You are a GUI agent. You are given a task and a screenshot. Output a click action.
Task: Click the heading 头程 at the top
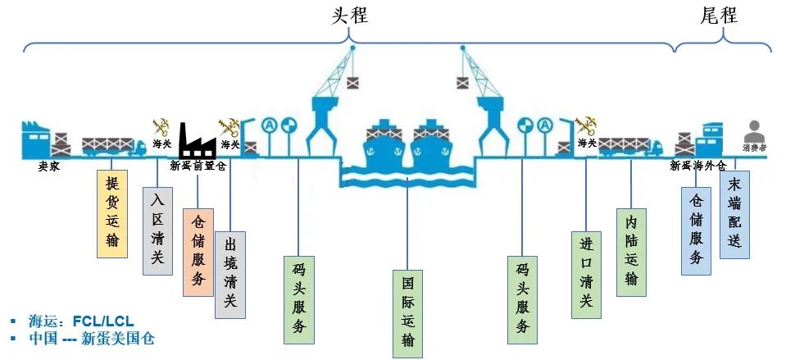349,16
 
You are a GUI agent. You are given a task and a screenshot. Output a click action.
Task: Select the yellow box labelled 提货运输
111,213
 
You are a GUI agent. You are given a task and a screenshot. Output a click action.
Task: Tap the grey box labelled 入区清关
157,231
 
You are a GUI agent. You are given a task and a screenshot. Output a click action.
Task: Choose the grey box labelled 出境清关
229,274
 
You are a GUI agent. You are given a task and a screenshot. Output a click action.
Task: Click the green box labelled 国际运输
407,313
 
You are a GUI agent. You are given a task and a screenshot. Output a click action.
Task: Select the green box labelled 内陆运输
630,251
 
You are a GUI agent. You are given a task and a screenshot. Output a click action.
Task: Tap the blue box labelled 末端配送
734,214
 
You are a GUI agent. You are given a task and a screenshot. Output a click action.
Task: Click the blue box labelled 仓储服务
696,230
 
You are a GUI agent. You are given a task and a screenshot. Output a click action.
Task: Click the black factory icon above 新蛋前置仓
197,140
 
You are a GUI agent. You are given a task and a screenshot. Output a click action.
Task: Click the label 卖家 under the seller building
48,165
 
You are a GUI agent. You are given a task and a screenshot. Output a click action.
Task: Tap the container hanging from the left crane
352,82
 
